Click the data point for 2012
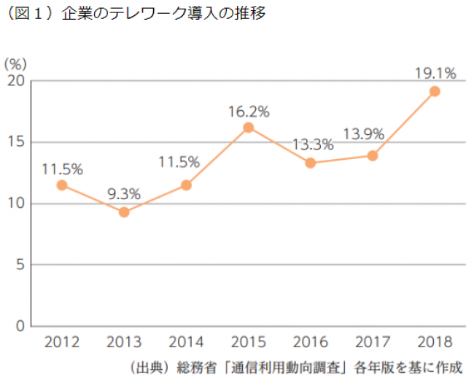pyautogui.click(x=62, y=185)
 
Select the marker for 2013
pyautogui.click(x=124, y=212)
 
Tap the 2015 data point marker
pyautogui.click(x=248, y=128)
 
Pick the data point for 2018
pyautogui.click(x=435, y=91)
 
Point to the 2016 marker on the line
pyautogui.click(x=310, y=163)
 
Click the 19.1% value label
pyautogui.click(x=435, y=73)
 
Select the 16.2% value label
pyautogui.click(x=249, y=112)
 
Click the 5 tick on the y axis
pyautogui.click(x=21, y=265)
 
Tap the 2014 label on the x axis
pyautogui.click(x=186, y=341)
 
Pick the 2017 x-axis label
pyautogui.click(x=373, y=341)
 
